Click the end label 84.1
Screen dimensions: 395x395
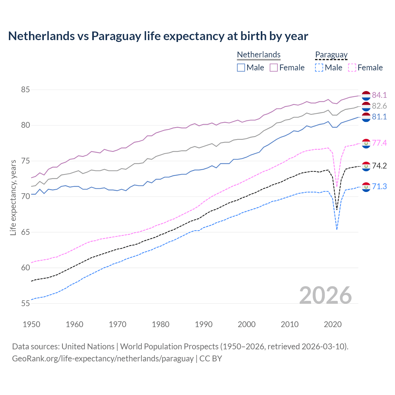coord(379,95)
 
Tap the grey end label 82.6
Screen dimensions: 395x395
coord(379,106)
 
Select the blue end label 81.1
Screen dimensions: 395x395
coord(379,117)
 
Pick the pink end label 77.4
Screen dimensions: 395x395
coord(379,143)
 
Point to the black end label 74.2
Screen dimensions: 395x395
coord(379,166)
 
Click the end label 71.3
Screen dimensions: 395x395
coord(379,186)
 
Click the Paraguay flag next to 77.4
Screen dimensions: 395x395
coord(366,143)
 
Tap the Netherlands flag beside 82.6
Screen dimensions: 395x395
coord(366,106)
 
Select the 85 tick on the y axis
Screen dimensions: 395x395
coord(25,90)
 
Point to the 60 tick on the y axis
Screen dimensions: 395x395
coord(25,268)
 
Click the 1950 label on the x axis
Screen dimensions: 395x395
coord(31,324)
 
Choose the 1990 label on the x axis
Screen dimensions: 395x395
coord(204,324)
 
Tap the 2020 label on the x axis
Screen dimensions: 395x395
coord(333,324)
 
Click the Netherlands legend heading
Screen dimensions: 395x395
coord(259,55)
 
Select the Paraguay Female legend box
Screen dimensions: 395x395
coord(352,68)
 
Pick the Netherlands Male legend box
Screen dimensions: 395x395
coord(241,68)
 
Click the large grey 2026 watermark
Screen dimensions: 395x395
coord(325,295)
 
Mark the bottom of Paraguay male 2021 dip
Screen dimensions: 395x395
coord(337,230)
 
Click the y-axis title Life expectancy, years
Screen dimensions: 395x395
coord(13,197)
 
